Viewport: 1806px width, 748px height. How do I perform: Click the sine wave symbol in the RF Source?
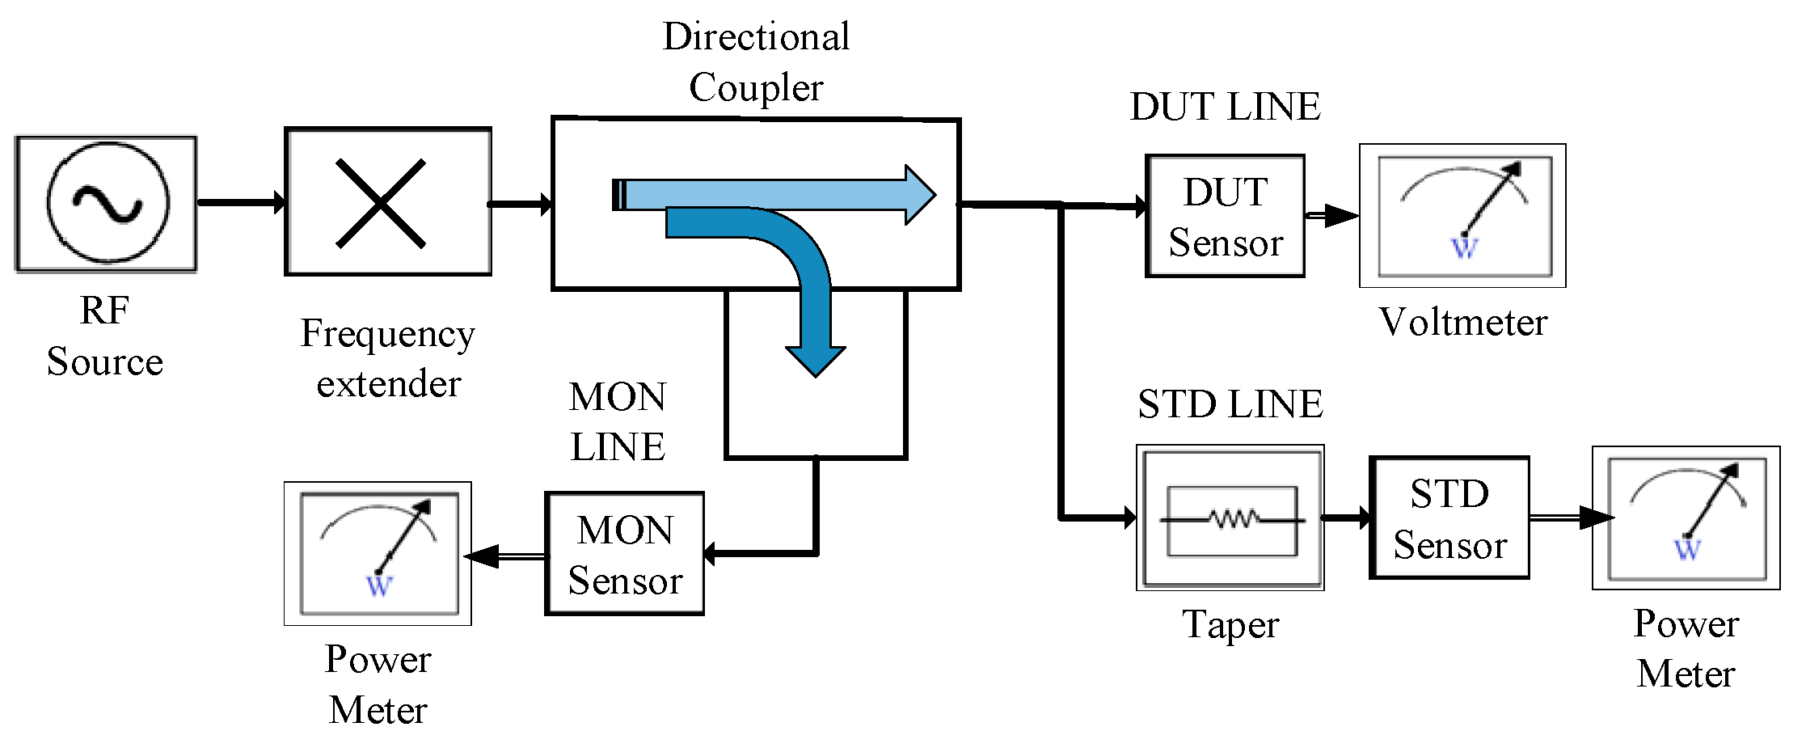108,203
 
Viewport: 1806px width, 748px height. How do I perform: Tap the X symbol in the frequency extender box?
381,203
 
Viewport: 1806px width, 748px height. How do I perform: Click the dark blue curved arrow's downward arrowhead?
815,360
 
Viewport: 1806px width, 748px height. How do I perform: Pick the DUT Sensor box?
1225,217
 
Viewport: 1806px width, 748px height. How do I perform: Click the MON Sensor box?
625,555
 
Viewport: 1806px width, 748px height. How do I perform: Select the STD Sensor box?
1449,518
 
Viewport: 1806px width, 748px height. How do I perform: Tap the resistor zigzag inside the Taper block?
1233,518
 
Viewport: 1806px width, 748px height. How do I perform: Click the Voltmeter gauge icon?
1463,216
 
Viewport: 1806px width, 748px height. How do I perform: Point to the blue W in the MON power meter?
379,585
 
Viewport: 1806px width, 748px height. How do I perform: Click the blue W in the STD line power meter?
1686,550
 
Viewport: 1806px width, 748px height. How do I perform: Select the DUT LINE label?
1225,107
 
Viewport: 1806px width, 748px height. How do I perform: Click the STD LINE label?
1230,404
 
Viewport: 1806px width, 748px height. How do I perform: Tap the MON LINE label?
618,421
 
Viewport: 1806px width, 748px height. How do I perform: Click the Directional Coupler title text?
756,61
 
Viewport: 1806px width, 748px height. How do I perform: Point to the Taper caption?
1230,625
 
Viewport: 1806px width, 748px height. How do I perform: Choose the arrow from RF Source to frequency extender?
241,202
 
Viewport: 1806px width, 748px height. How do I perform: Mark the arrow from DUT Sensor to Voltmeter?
1332,216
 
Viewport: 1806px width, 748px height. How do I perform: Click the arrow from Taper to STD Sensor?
1346,518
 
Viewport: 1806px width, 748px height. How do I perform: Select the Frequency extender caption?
388,358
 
